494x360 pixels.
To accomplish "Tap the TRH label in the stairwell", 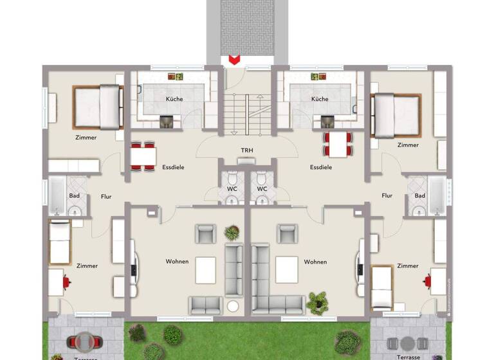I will point(247,151).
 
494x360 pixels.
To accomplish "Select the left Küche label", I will point(174,99).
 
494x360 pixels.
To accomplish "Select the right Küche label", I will point(320,99).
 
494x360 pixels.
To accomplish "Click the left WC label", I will point(232,189).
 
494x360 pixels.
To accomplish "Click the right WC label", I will point(262,189).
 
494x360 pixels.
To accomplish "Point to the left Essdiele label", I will point(174,167).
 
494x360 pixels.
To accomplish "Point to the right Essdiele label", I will point(321,167).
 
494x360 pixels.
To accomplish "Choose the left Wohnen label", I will point(177,262).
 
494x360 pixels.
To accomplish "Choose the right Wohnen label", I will point(315,262).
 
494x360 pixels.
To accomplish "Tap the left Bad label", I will point(75,195).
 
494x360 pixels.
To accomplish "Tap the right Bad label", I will point(420,195).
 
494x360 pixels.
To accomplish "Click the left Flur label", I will point(106,196).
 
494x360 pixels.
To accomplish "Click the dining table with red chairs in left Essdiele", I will point(143,156).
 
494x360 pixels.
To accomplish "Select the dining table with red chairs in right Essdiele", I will point(338,145).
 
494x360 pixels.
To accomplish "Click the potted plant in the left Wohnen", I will point(231,232).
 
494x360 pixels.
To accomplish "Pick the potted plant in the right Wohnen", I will point(316,301).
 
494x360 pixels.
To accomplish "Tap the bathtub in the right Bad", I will point(437,195).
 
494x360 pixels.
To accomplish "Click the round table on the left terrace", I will point(85,341).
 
